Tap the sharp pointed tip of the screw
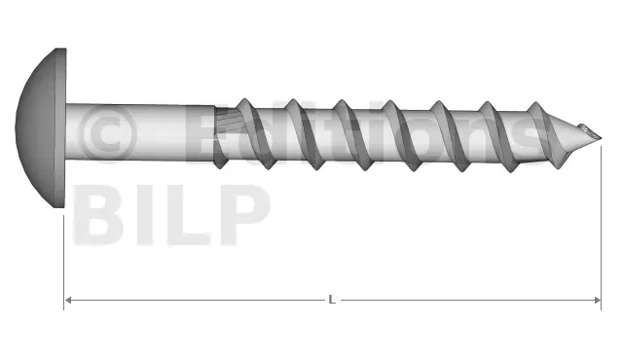click(602, 138)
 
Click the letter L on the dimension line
click(332, 300)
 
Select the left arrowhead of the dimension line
click(68, 300)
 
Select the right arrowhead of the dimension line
click(597, 300)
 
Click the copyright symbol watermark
click(107, 134)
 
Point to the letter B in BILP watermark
click(98, 215)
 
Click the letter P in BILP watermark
click(245, 215)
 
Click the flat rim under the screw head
click(60, 127)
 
